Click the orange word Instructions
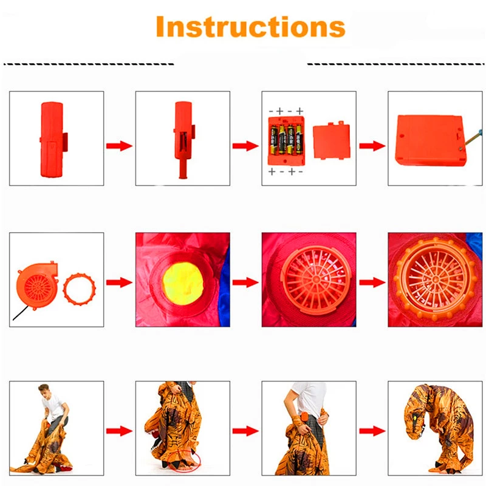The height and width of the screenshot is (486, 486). pos(250,27)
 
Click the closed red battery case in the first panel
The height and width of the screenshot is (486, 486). pos(53,140)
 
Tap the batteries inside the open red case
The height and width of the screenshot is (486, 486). pos(286,140)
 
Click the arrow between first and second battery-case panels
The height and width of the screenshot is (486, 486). pos(119,146)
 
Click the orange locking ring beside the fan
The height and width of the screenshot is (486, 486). pos(80,289)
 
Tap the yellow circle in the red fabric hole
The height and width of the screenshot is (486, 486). pos(183,284)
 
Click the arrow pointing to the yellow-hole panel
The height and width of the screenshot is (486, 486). pos(119,282)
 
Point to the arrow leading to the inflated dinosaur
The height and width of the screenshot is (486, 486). pos(372,431)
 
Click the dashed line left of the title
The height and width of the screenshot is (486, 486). pos(89,64)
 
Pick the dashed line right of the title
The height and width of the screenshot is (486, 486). pos(395,64)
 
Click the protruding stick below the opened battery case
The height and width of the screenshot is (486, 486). pos(183,169)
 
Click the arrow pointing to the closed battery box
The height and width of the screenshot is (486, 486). pos(372,146)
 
